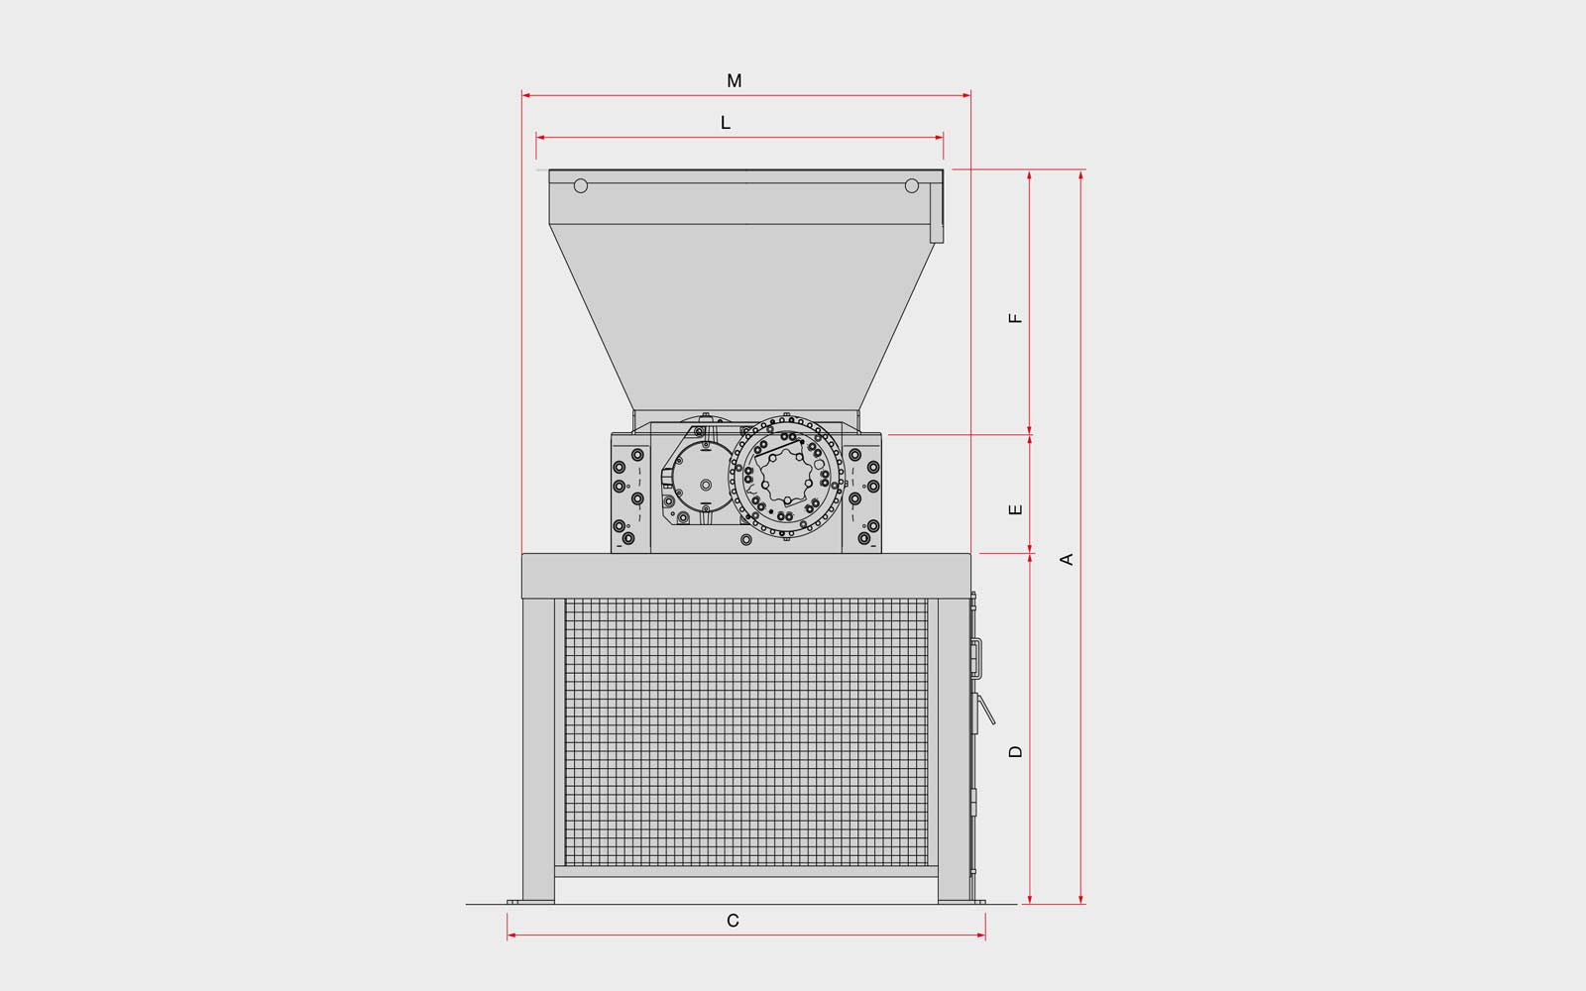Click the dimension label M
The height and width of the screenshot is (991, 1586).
[x=735, y=80]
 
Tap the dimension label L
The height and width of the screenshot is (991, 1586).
[x=725, y=123]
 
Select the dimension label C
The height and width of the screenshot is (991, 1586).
[x=733, y=921]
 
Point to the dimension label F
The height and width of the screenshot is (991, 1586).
[x=1015, y=318]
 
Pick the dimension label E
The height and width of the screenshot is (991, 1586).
[x=1015, y=509]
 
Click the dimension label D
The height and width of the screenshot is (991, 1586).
[x=1015, y=751]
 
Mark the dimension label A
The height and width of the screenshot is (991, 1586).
[x=1067, y=559]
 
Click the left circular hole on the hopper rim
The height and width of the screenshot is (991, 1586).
[x=581, y=186]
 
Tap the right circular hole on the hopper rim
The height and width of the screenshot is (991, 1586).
[x=912, y=186]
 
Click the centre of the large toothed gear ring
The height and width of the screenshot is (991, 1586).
[x=787, y=477]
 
